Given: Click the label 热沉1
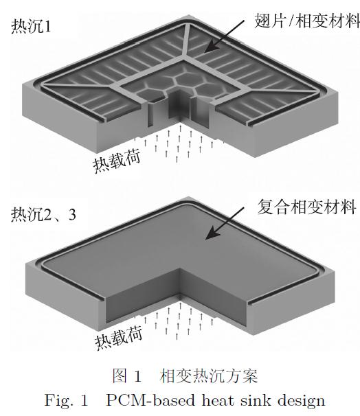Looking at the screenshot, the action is point(31,27).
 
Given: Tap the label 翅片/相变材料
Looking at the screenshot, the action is point(307,21).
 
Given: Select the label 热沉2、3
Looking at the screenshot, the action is point(43,214).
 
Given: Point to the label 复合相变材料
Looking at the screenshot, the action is point(306,207).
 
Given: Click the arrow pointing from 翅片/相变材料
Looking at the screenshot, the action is point(224,36).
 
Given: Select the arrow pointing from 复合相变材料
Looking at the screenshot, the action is point(225,223).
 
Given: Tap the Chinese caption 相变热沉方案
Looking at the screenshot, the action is point(208,375).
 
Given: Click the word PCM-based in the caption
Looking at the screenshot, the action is point(150,400).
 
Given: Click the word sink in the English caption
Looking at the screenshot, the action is point(256,400).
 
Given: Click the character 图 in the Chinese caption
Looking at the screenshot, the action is point(120,375).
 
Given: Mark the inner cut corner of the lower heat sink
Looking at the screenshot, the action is point(180,268).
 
